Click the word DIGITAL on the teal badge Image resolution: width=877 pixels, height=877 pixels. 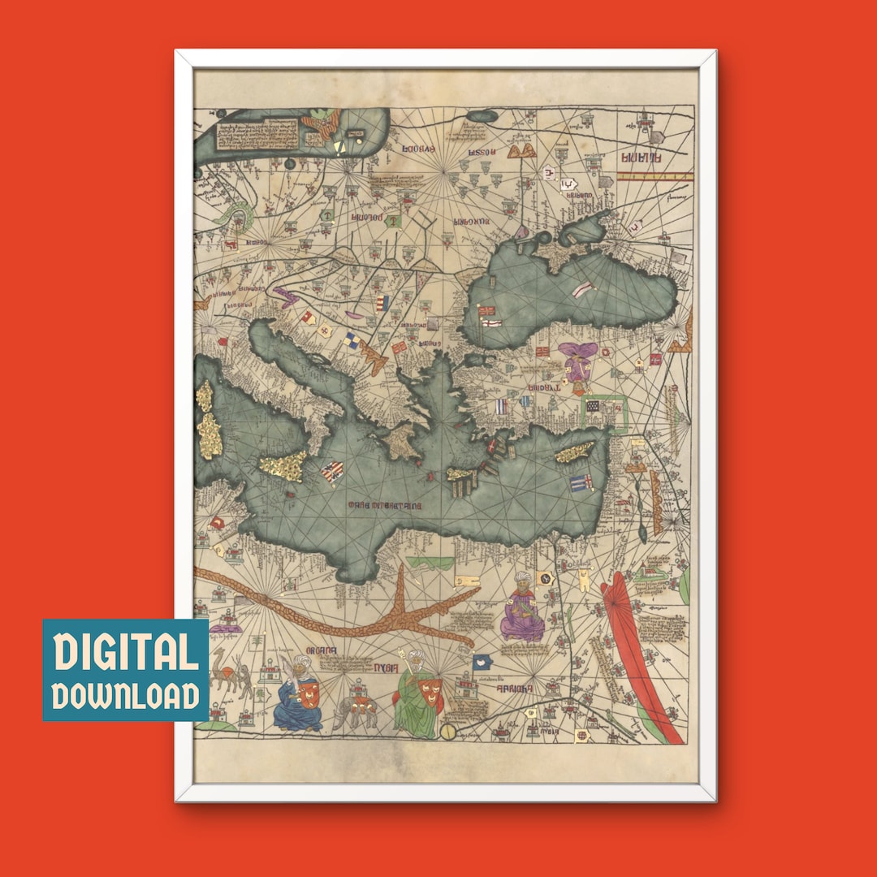point(126,653)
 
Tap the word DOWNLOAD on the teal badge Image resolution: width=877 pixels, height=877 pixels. point(126,695)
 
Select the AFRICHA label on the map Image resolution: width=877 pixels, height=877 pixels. point(514,689)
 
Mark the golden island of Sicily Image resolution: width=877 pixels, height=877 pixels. point(284,465)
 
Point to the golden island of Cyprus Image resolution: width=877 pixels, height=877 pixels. point(576,452)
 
